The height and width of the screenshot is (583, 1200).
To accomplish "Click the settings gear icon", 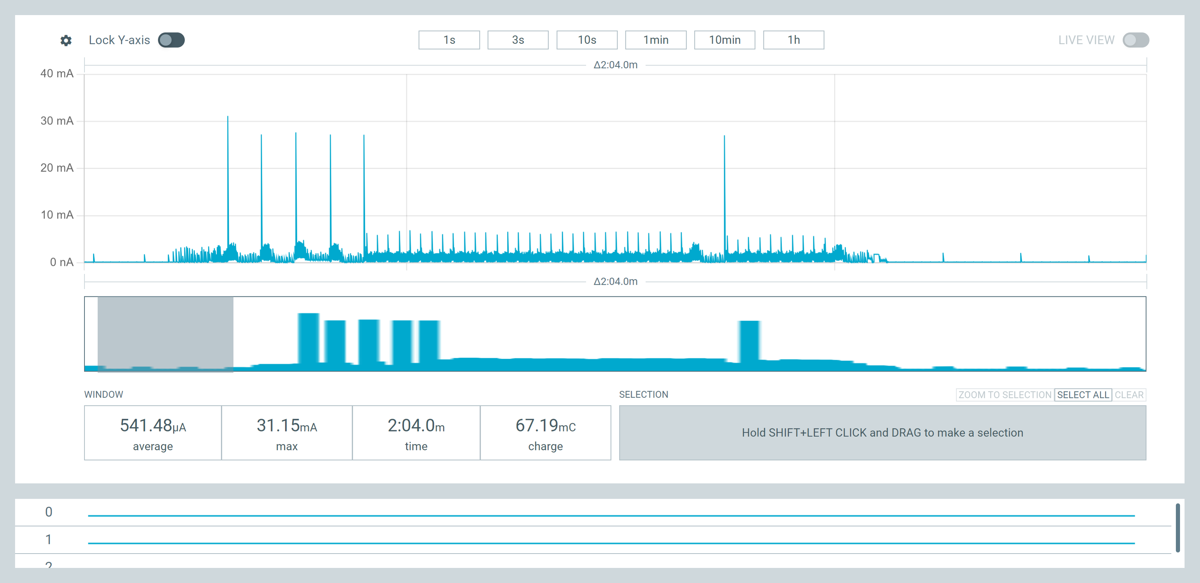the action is click(66, 41).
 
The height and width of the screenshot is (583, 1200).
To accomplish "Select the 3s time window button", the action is click(518, 40).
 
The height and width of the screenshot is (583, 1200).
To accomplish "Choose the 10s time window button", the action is click(587, 40).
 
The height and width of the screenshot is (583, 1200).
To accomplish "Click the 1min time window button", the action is click(656, 40).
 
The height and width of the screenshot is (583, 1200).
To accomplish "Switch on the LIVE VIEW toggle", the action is click(1136, 40).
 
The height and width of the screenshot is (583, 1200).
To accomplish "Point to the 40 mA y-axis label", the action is click(57, 74).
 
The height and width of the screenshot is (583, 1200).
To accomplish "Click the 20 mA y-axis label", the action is click(57, 168).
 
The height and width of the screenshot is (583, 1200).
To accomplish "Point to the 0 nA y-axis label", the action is click(61, 262).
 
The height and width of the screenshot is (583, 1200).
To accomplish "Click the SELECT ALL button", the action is click(1083, 395).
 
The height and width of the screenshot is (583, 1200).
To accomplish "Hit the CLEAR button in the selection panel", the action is click(1129, 395).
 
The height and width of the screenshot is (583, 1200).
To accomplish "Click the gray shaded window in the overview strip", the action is click(166, 334).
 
